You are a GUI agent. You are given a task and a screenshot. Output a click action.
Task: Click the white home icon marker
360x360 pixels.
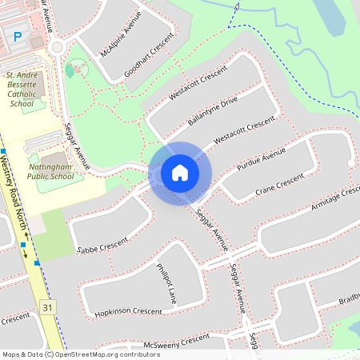[x=180, y=172]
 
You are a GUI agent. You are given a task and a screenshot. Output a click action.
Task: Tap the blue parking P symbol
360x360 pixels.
[x=18, y=36]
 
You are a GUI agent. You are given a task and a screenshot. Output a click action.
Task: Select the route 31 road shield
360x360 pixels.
[x=48, y=307]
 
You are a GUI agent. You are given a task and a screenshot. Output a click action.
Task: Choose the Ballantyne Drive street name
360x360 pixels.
[x=213, y=110]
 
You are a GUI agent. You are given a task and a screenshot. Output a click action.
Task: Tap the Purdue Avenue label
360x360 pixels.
[x=261, y=160]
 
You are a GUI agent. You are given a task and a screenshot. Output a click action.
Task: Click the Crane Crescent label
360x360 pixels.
[x=280, y=184]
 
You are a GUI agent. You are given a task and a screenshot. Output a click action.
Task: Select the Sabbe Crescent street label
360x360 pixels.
[x=102, y=246]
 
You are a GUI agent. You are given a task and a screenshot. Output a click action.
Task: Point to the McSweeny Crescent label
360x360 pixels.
[x=172, y=341]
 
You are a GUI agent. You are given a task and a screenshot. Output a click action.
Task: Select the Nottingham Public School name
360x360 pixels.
[x=55, y=170]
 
